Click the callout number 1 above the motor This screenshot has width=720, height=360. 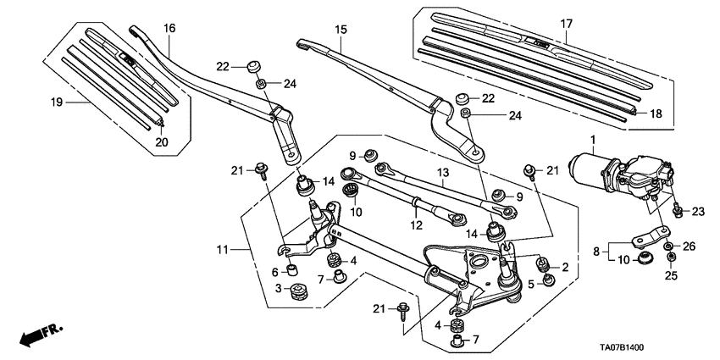(592, 139)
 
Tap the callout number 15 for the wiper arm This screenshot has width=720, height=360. (341, 30)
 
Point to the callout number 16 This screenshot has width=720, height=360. (169, 28)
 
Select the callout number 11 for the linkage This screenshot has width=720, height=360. (222, 250)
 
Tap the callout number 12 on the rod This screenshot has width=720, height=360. (416, 225)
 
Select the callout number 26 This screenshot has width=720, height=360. (688, 246)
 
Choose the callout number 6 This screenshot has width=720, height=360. (275, 271)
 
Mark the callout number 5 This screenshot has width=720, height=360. (530, 284)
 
